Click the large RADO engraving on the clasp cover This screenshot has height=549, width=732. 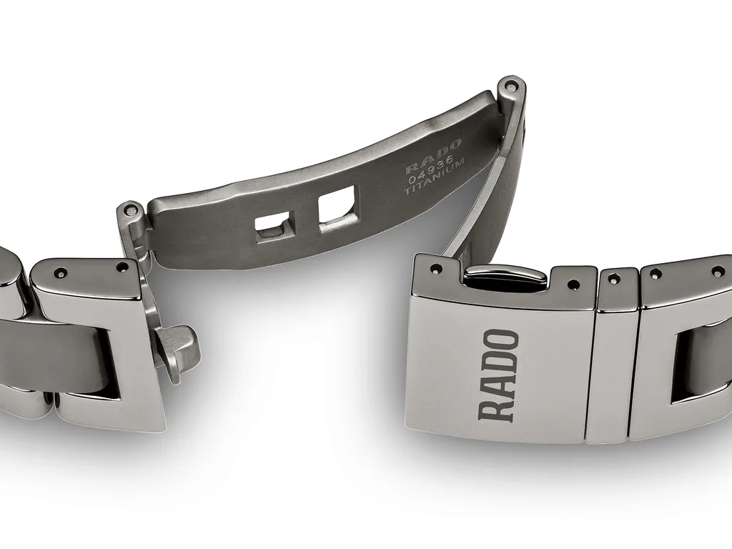click(x=498, y=375)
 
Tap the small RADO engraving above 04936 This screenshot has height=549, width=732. click(x=433, y=156)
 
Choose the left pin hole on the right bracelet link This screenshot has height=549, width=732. click(x=656, y=272)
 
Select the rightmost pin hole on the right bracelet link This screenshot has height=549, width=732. click(x=716, y=271)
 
